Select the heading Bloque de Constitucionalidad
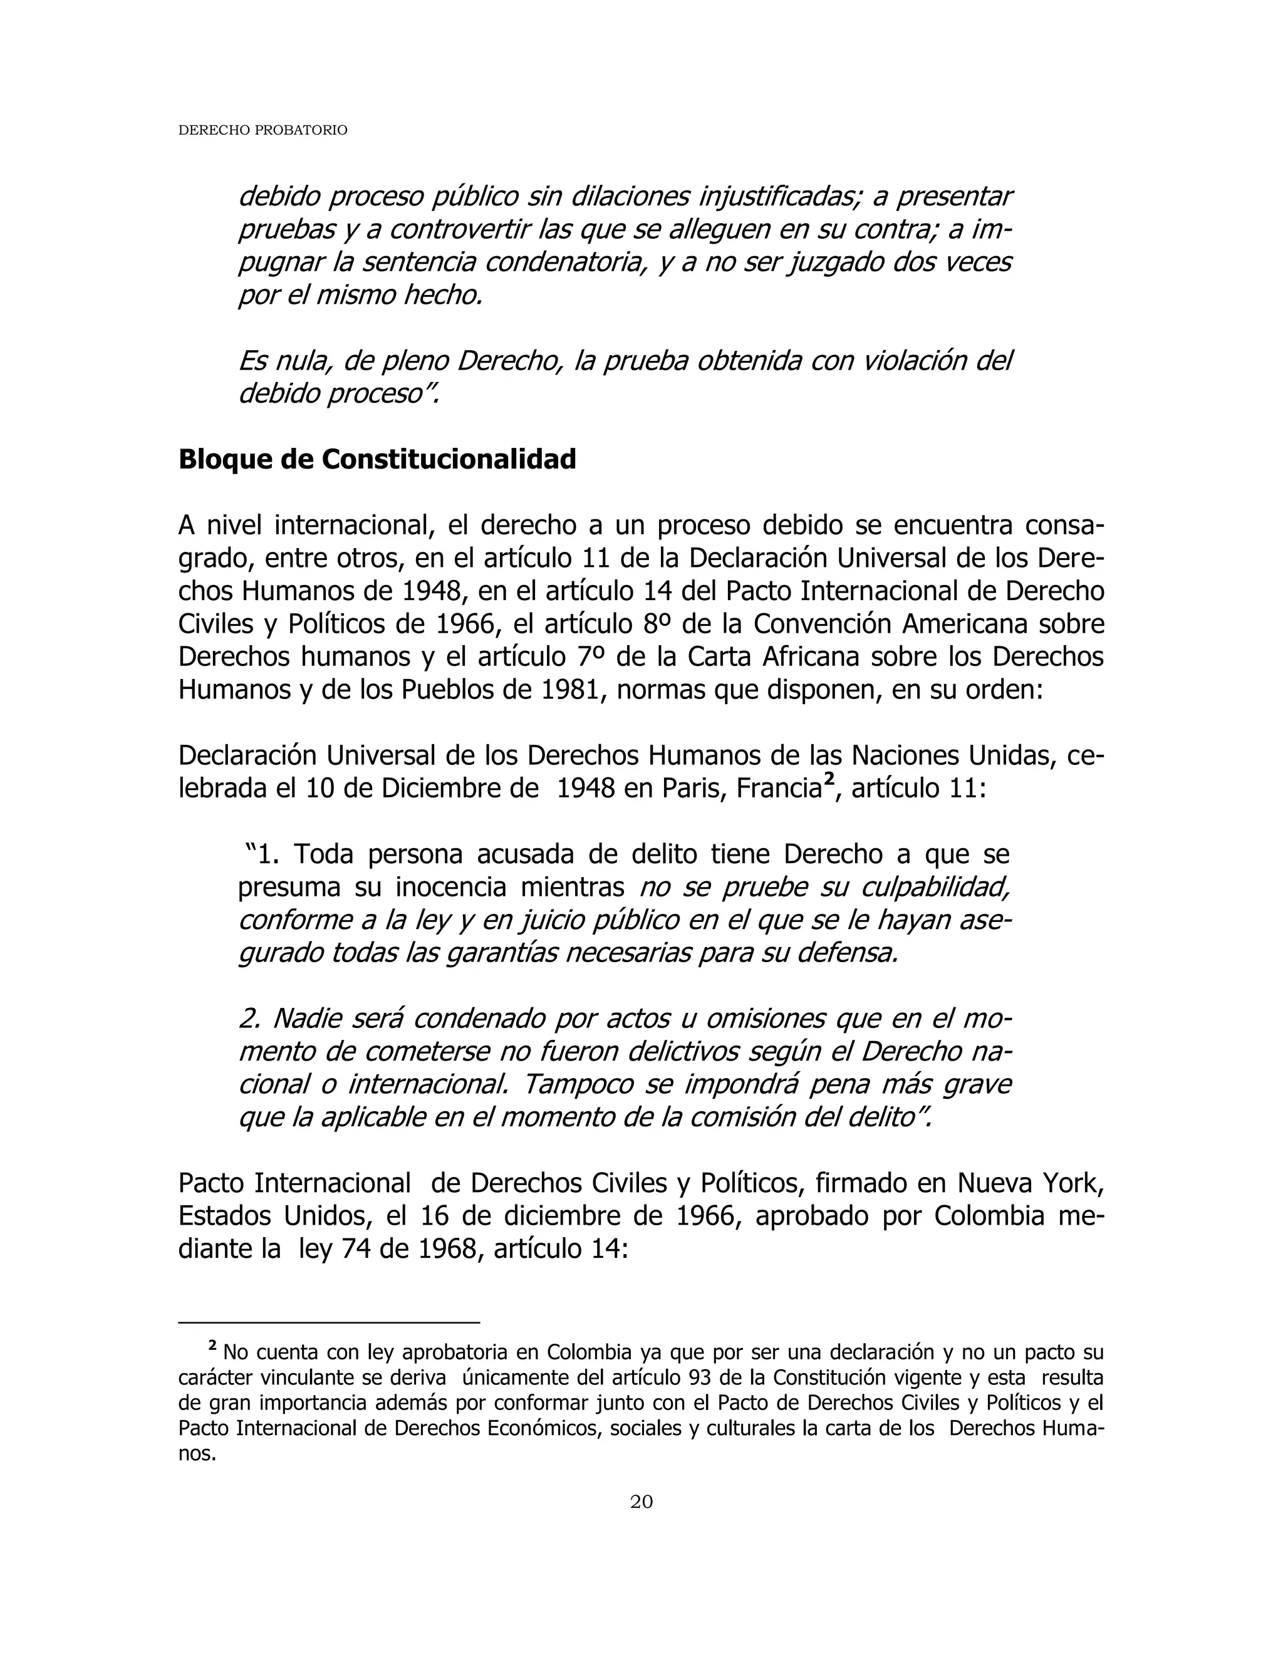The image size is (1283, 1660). [377, 459]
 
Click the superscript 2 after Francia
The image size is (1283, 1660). [829, 780]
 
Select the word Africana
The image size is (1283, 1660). [809, 656]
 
